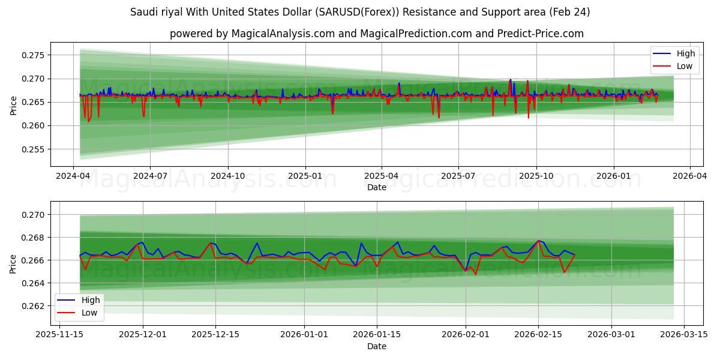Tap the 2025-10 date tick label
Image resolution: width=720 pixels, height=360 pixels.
click(x=536, y=177)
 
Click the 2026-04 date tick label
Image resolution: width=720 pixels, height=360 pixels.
click(x=689, y=177)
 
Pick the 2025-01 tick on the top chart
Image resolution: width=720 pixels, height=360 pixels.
click(x=305, y=177)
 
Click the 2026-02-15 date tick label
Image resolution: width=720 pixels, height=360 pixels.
click(x=538, y=334)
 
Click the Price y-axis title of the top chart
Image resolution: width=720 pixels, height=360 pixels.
click(x=14, y=105)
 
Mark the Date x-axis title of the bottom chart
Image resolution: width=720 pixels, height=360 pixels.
click(x=377, y=346)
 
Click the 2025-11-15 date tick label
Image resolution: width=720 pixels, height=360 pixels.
click(x=59, y=334)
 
